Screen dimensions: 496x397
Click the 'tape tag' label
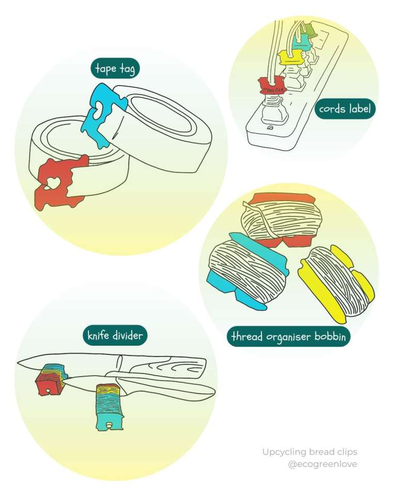pos(114,69)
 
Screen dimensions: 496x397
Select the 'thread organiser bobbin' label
pos(289,336)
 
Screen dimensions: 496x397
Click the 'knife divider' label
pos(114,336)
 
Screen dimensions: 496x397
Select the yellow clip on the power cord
pos(287,58)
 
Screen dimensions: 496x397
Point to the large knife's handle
pos(165,364)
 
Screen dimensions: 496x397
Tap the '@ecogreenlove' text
pos(323,464)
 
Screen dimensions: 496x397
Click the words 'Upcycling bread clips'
pos(309,452)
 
